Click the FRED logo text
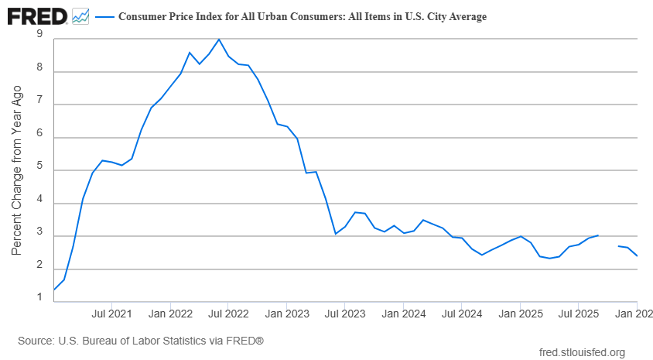pyautogui.click(x=36, y=15)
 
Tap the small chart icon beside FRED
pyautogui.click(x=80, y=15)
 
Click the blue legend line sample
pyautogui.click(x=104, y=16)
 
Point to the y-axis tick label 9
pyautogui.click(x=39, y=34)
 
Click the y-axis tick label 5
pyautogui.click(x=39, y=170)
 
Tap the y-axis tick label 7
pyautogui.click(x=39, y=105)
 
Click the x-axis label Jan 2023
pyautogui.click(x=286, y=314)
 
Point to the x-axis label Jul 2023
pyautogui.click(x=344, y=314)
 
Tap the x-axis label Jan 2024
pyautogui.click(x=403, y=314)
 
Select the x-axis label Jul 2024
pyautogui.click(x=461, y=314)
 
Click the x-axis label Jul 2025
pyautogui.click(x=578, y=314)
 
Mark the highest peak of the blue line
pyautogui.click(x=219, y=39)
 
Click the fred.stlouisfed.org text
pyautogui.click(x=581, y=353)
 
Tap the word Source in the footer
pyautogui.click(x=35, y=340)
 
